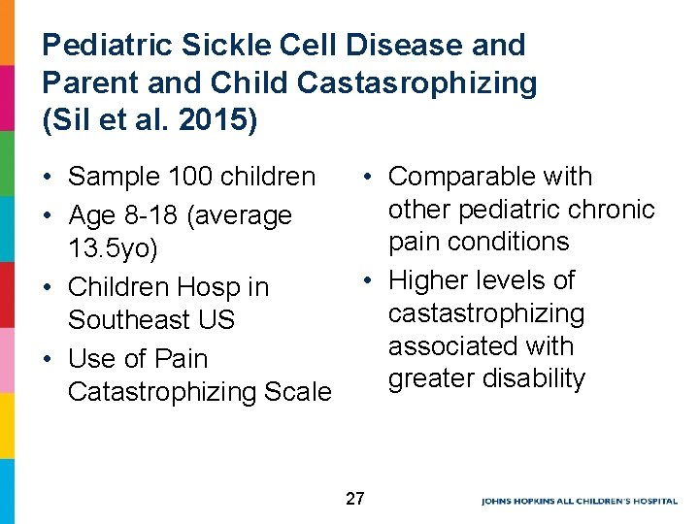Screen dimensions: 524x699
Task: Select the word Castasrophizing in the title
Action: (x=416, y=83)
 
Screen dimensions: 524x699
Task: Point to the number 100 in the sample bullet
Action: (x=190, y=177)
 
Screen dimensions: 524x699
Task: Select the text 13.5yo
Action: (x=113, y=248)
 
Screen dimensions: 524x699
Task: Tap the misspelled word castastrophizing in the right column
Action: (x=485, y=313)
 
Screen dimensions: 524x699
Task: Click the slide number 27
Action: (x=354, y=499)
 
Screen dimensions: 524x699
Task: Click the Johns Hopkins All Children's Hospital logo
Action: (x=579, y=501)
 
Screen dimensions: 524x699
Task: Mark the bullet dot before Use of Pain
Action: (x=48, y=359)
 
